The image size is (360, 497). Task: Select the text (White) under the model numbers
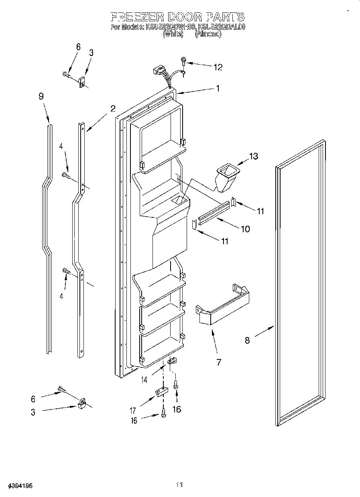[173, 34]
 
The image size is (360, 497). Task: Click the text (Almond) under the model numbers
[208, 34]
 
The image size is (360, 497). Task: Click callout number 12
[218, 67]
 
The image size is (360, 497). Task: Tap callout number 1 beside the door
[218, 88]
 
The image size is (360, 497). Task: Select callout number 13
[254, 156]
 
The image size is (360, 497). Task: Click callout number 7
[219, 362]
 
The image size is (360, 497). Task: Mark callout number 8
[247, 341]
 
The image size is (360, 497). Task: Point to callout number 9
[41, 96]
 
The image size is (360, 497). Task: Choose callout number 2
[113, 108]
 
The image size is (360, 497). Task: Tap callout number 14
[144, 379]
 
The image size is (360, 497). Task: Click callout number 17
[133, 410]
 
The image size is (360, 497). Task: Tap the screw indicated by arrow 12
[184, 61]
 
